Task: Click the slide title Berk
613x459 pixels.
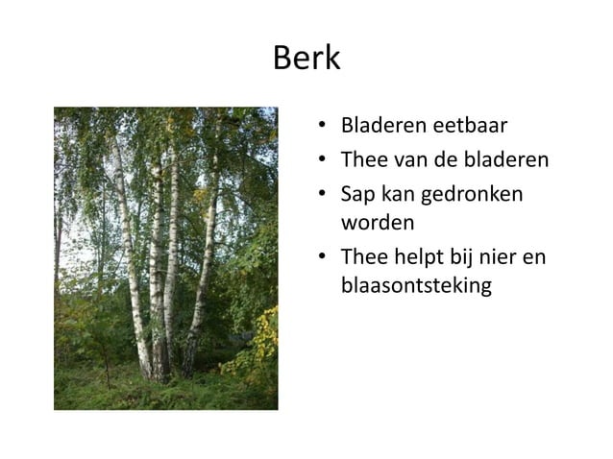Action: tap(306, 59)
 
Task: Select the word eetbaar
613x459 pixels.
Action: tap(472, 126)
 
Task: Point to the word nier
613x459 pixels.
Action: tap(506, 256)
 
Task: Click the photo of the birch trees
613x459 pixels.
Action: tap(165, 257)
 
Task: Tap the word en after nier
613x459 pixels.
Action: tap(540, 256)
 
